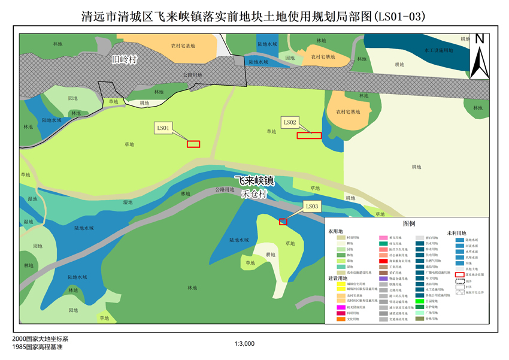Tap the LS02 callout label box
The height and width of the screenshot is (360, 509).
(x=290, y=122)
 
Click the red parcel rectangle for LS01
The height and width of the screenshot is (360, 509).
(x=193, y=144)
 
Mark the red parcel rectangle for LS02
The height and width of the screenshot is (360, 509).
(x=309, y=135)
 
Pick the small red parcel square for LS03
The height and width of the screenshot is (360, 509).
(x=283, y=222)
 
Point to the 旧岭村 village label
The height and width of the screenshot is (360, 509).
(x=125, y=60)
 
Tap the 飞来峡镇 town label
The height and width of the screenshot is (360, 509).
(x=254, y=181)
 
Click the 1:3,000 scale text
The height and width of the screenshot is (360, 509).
(x=245, y=344)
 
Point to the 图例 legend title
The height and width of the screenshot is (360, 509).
(x=409, y=223)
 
